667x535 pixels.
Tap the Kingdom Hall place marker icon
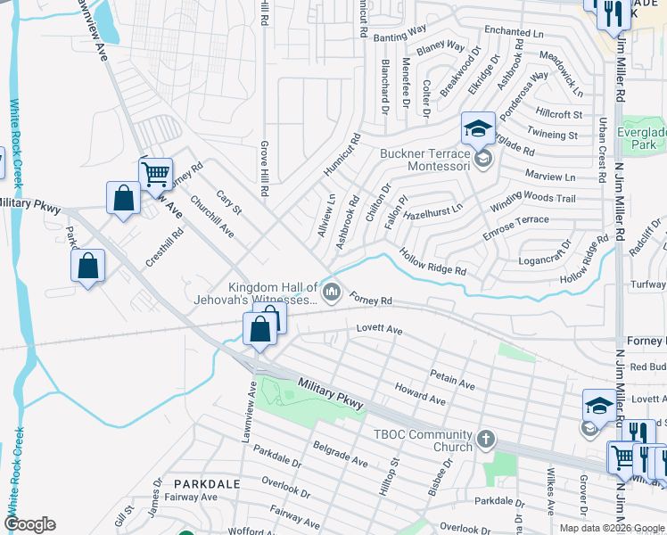pos(332,292)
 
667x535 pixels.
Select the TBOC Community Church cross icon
pos(485,439)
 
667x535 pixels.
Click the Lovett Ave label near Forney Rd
pos(380,330)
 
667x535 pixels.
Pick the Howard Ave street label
pos(420,395)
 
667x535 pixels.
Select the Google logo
pos(29,524)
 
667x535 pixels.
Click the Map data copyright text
pos(612,528)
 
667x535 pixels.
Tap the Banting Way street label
pos(400,35)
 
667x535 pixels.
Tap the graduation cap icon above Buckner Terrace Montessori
pos(478,129)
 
